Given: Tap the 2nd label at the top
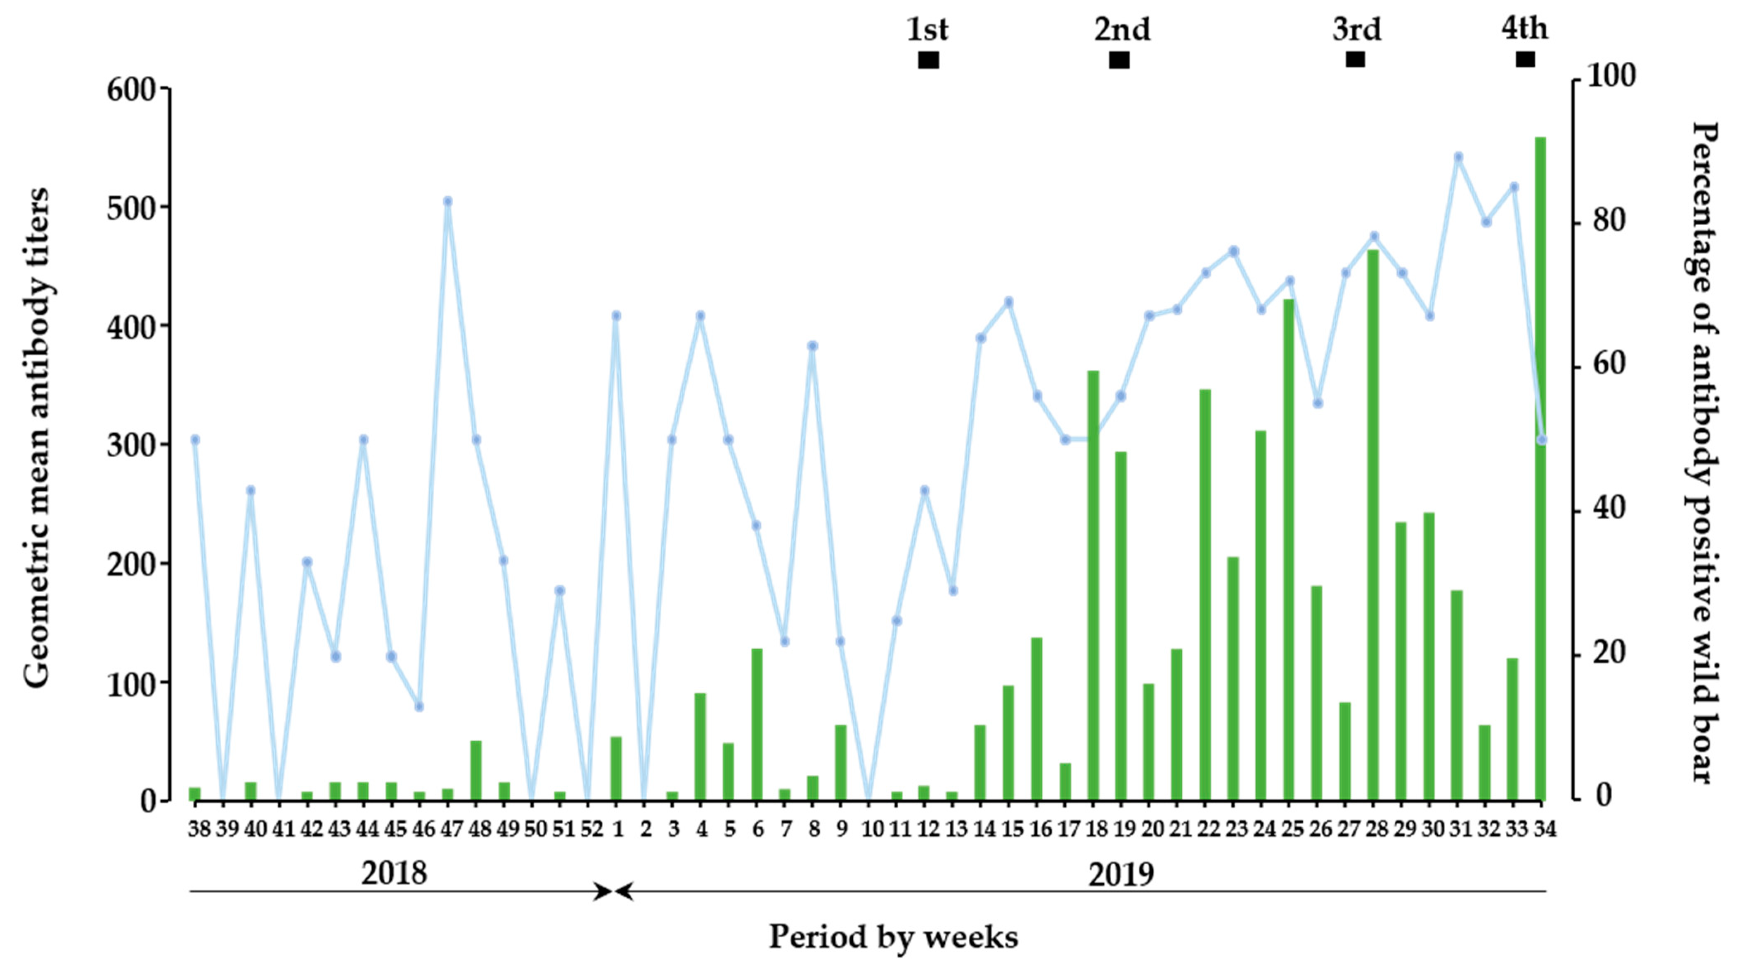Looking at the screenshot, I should [1122, 30].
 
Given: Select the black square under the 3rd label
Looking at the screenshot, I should [1355, 59].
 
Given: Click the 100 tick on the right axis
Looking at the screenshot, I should [1611, 76].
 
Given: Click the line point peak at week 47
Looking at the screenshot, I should [447, 201].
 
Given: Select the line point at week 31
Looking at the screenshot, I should [1458, 157].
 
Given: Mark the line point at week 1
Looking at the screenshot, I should [616, 315].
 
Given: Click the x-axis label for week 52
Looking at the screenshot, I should [591, 829].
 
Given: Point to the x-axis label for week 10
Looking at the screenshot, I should [872, 829].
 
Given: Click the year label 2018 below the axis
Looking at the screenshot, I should [394, 873].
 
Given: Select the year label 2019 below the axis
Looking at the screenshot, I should [1121, 875].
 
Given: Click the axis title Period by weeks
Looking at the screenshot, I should [893, 937].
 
